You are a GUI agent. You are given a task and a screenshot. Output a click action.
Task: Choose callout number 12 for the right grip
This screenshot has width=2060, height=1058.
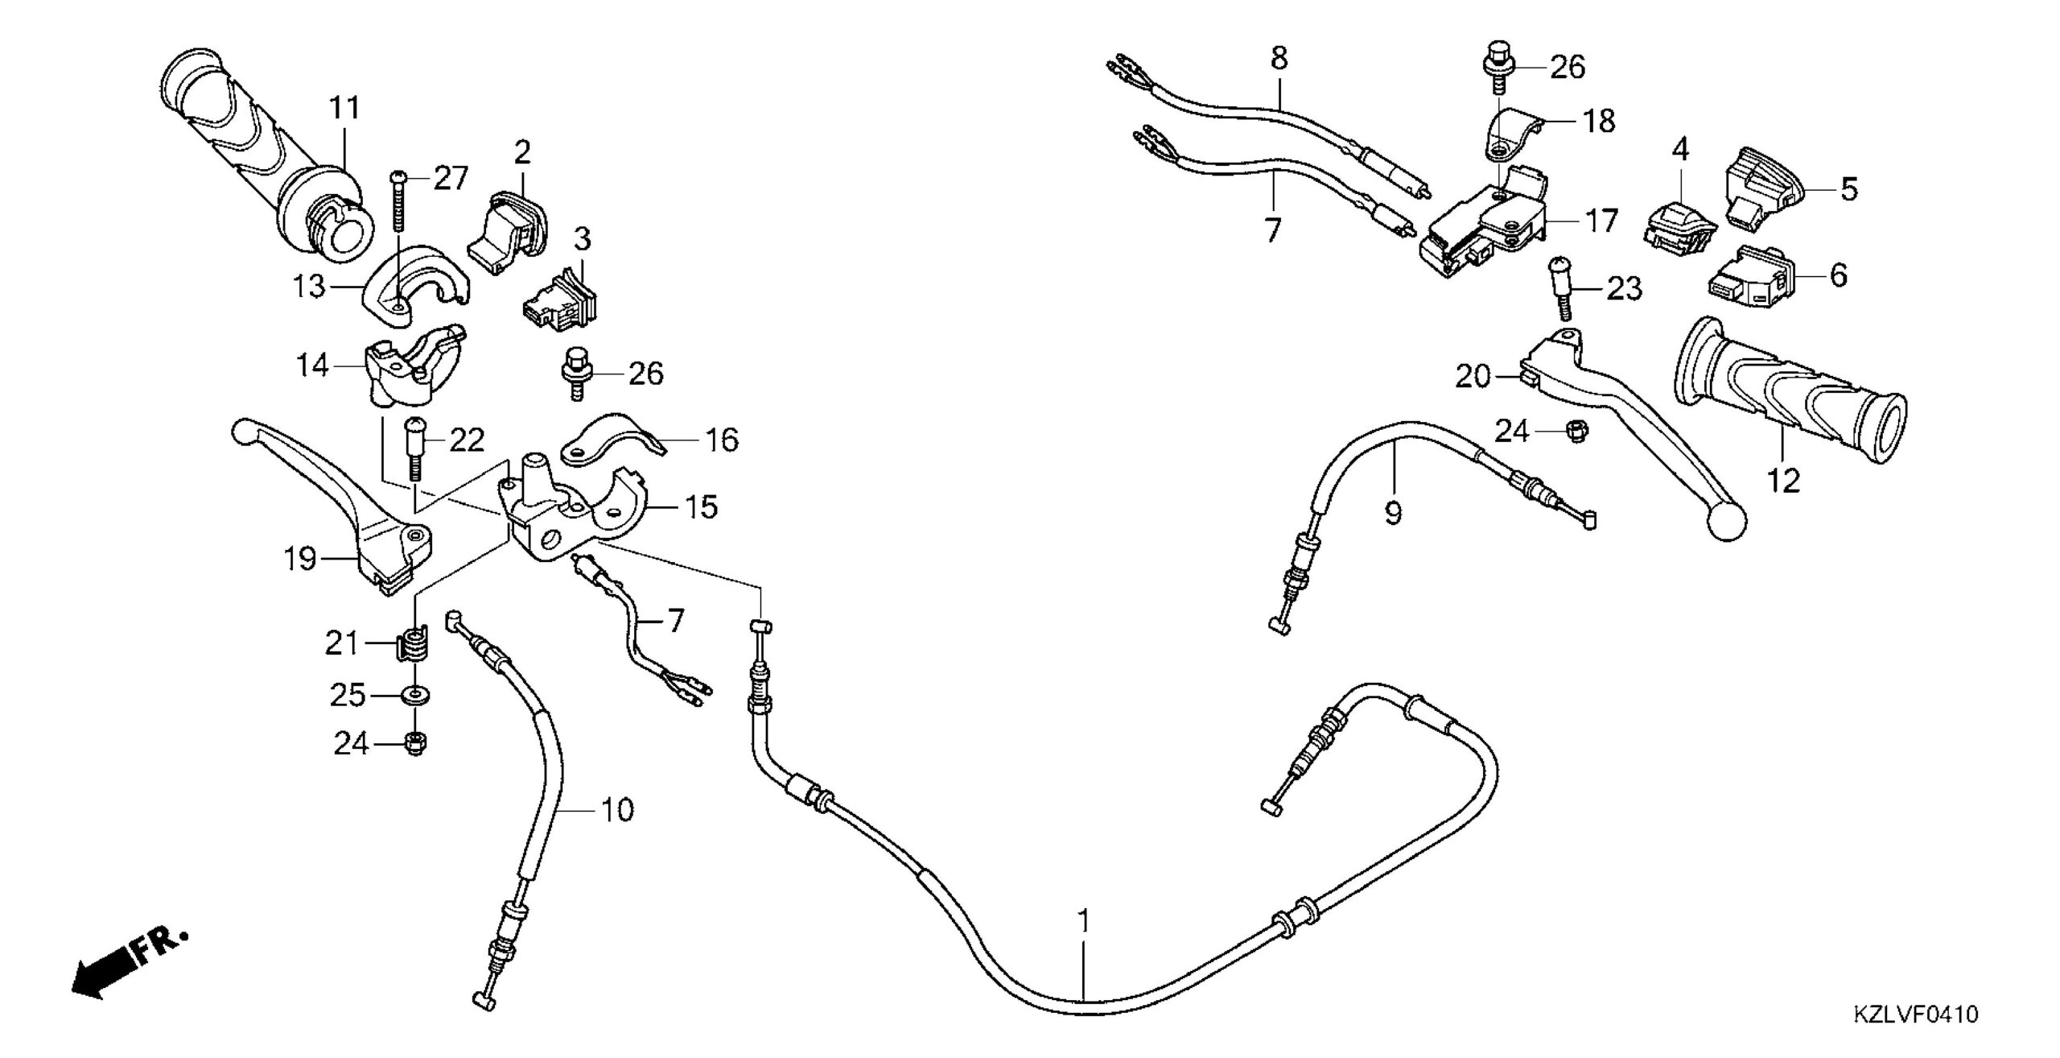coord(1783,481)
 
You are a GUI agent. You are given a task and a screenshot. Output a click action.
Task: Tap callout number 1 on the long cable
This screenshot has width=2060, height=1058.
coord(1084,921)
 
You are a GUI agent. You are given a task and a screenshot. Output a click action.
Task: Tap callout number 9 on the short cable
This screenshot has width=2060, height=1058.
coord(1393,512)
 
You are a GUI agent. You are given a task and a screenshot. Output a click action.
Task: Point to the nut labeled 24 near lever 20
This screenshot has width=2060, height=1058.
coord(1569,432)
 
